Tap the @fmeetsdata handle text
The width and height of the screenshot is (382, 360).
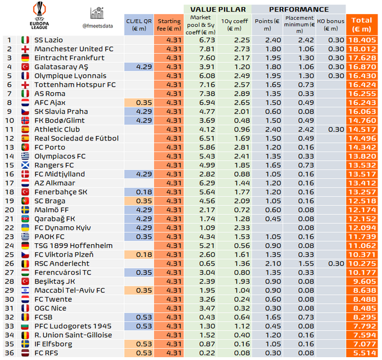(x=99, y=25)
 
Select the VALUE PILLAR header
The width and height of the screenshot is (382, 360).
(x=217, y=9)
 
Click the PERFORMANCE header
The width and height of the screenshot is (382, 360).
(x=298, y=9)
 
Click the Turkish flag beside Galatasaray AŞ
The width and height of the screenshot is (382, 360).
(x=24, y=67)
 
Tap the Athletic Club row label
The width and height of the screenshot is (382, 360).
(x=57, y=129)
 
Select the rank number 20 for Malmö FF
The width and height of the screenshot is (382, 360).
(x=8, y=209)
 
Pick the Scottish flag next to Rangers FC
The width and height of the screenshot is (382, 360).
(x=24, y=165)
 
